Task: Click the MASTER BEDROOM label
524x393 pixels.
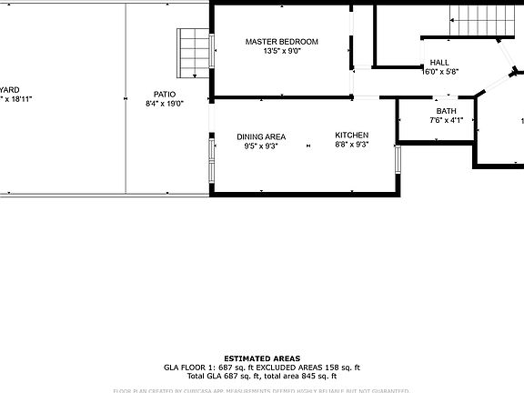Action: (x=282, y=42)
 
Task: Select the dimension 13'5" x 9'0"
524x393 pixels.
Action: (x=282, y=52)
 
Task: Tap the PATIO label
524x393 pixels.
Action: (x=165, y=94)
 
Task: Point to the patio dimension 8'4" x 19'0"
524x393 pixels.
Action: (x=165, y=104)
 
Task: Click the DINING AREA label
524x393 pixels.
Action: (x=261, y=136)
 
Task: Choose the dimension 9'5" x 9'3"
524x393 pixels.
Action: (x=261, y=146)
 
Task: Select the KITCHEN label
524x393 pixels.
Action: (x=351, y=135)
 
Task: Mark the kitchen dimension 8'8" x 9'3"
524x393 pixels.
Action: (x=351, y=145)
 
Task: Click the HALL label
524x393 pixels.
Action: (x=438, y=63)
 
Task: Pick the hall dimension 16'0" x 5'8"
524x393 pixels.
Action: (x=440, y=72)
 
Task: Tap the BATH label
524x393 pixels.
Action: (x=446, y=111)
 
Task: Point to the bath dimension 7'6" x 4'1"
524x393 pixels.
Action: (x=446, y=120)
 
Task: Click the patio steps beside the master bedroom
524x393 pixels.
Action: (x=194, y=54)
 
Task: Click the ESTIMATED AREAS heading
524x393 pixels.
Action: (x=262, y=358)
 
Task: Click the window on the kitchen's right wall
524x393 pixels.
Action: (x=398, y=159)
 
